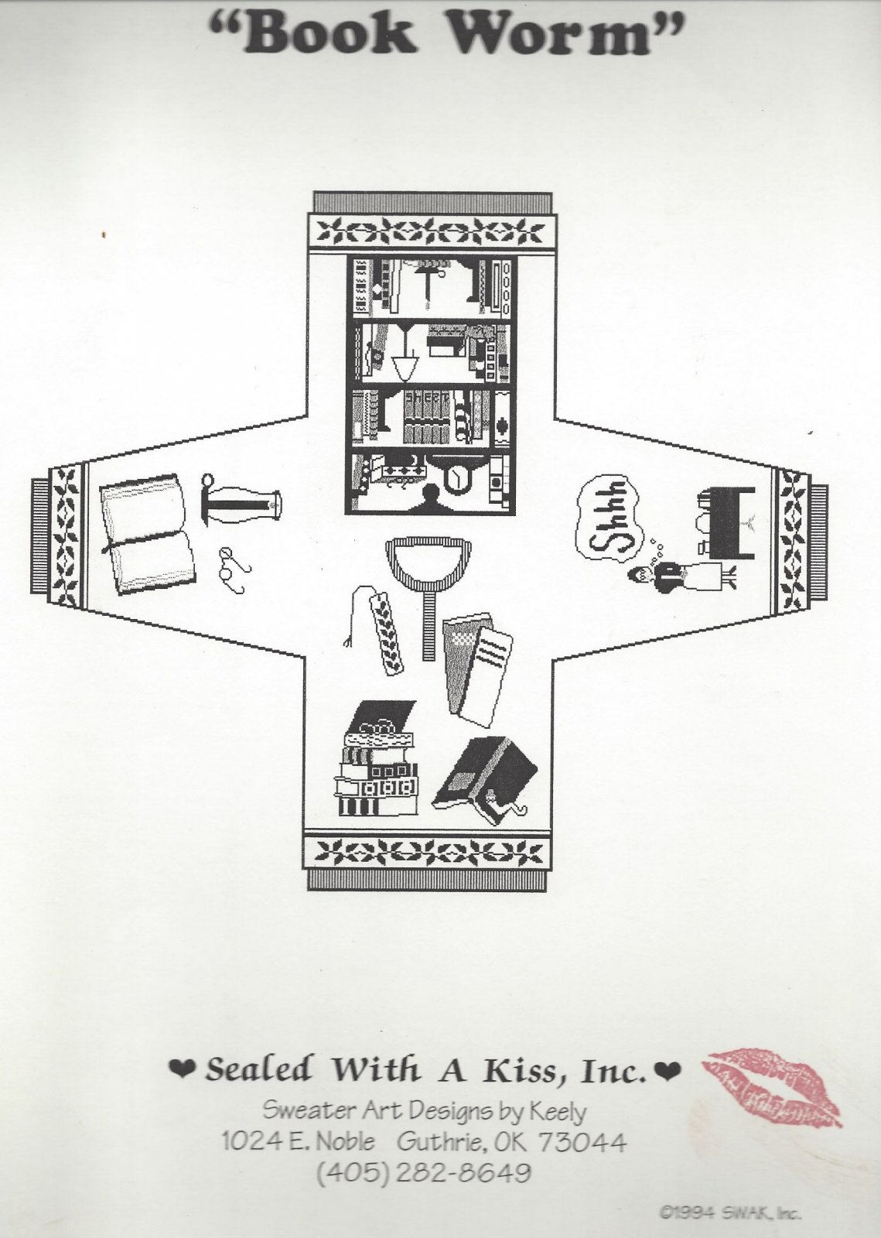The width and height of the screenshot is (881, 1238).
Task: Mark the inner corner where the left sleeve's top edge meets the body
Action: pos(307,415)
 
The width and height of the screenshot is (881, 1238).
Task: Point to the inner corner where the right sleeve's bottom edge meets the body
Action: pos(554,658)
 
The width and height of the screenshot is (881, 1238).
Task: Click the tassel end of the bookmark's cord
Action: pos(347,641)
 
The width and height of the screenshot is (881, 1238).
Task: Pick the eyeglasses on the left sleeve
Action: pos(234,569)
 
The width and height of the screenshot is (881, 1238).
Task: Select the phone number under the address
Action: pos(424,1171)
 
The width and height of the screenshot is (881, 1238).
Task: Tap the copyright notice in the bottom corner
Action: pos(730,1212)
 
